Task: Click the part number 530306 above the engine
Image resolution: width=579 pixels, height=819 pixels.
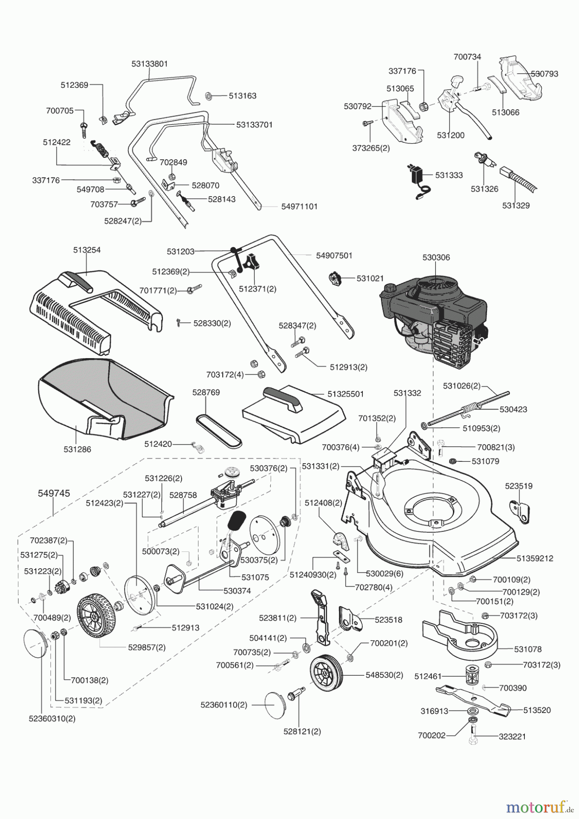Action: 436,258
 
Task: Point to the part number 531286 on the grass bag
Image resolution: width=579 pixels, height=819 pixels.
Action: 77,449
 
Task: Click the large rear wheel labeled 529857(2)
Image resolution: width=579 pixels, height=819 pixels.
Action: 97,617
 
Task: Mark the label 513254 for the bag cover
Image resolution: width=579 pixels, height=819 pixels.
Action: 87,250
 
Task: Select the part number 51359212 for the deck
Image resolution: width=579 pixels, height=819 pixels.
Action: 535,558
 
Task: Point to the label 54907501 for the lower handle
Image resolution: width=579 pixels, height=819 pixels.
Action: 334,256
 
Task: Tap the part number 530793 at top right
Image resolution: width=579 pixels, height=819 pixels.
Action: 544,74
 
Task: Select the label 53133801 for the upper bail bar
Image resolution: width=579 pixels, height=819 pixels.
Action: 150,64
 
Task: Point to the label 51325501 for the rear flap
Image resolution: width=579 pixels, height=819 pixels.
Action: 345,394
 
